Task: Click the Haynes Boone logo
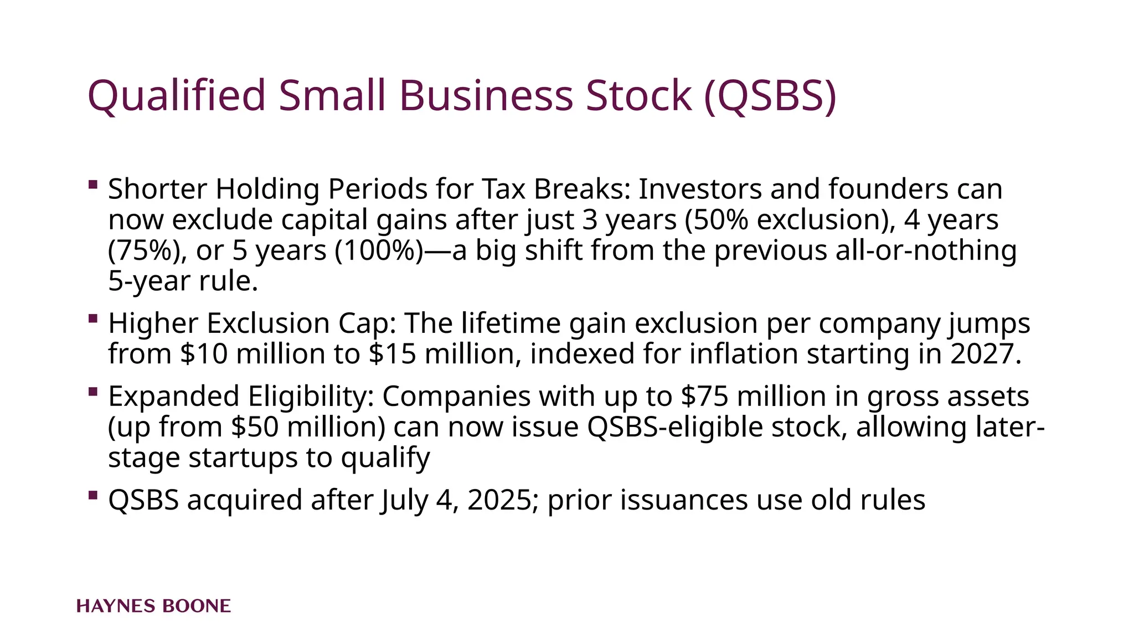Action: (x=153, y=606)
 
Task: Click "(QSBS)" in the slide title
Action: (x=770, y=96)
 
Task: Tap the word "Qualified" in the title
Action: (x=177, y=96)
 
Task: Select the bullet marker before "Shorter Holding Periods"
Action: (x=93, y=184)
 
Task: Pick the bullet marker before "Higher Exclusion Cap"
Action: (x=93, y=318)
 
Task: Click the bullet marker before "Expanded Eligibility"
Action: (x=93, y=392)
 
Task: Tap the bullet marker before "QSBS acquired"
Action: (x=93, y=495)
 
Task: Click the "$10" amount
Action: (x=204, y=354)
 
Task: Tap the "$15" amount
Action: (x=392, y=354)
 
